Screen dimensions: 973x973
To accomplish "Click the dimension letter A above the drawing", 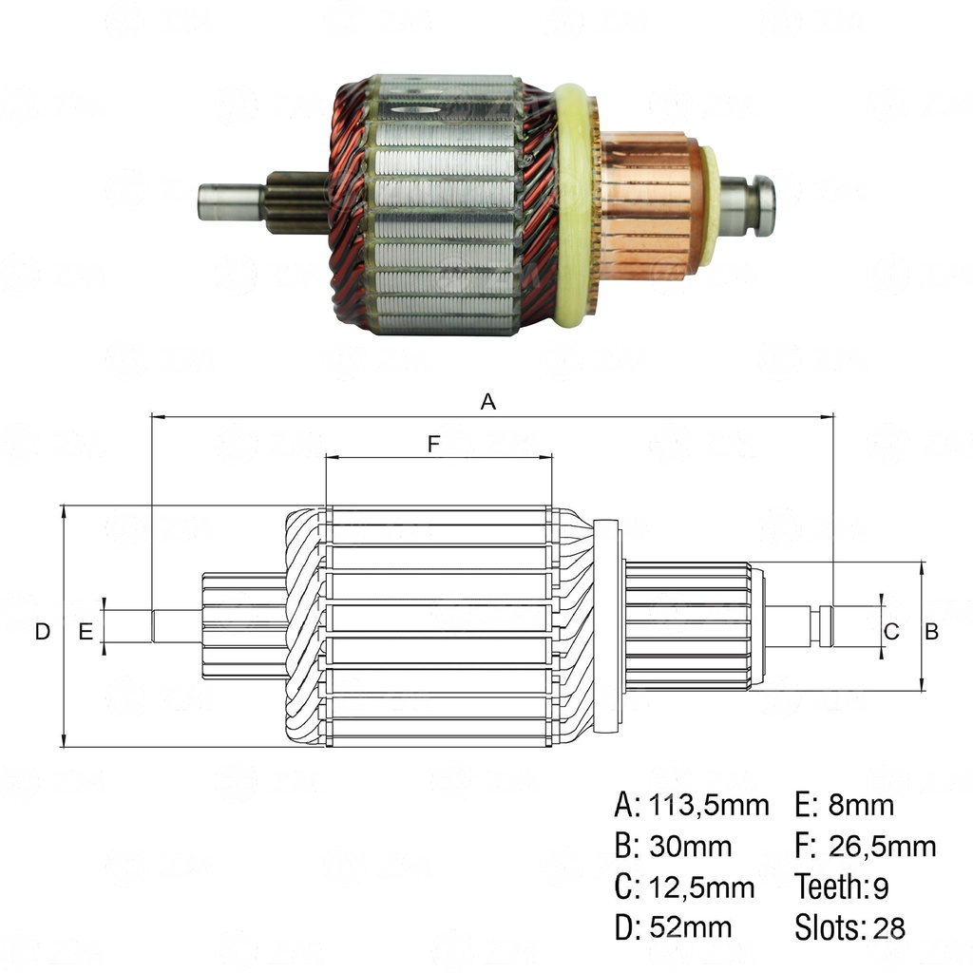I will (x=487, y=402).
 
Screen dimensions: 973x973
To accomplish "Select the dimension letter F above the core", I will (x=433, y=443).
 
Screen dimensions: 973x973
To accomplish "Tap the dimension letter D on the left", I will (x=41, y=631).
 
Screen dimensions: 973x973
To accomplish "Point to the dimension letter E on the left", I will (x=86, y=631).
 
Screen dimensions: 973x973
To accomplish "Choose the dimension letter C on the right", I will (x=891, y=631).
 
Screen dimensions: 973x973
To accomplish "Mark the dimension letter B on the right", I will (x=932, y=631).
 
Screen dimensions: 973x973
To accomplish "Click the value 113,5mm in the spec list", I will (x=708, y=806).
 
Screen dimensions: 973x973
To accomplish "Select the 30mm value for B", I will (x=690, y=846).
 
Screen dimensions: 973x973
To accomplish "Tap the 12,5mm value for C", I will (x=701, y=887).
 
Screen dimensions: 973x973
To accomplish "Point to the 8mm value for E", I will (x=861, y=806).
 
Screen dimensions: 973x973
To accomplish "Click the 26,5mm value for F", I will (x=882, y=846).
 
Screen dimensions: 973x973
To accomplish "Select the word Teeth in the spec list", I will (x=829, y=887).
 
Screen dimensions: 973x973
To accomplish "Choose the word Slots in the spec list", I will (x=825, y=927).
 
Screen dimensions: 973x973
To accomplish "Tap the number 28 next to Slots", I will (x=889, y=927).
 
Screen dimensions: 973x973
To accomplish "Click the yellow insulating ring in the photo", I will (x=575, y=204).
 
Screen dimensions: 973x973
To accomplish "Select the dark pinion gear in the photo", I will (x=296, y=201).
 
